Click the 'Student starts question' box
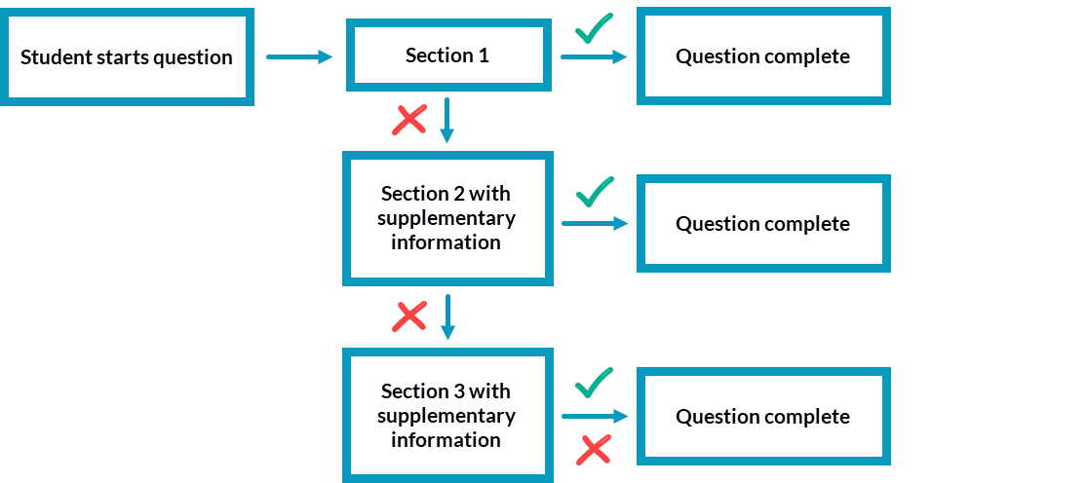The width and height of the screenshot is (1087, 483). click(x=127, y=56)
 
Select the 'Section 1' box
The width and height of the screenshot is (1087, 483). click(x=447, y=56)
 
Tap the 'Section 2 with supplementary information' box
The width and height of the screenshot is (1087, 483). click(x=447, y=218)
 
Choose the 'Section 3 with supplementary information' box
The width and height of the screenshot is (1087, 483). click(x=447, y=416)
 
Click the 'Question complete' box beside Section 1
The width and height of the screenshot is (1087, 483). click(x=763, y=56)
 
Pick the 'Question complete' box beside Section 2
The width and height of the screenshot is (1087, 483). click(x=763, y=224)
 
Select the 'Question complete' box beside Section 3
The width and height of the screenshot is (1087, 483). click(x=763, y=417)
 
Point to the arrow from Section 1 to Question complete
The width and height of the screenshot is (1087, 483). click(x=594, y=57)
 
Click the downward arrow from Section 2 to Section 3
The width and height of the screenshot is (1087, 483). click(x=447, y=316)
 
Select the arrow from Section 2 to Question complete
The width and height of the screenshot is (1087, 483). click(x=594, y=224)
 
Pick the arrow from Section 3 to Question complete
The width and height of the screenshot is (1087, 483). click(x=594, y=417)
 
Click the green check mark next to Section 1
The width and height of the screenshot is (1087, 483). click(x=594, y=29)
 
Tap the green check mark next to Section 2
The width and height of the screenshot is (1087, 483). click(x=594, y=192)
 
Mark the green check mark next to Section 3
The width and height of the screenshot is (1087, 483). click(x=594, y=383)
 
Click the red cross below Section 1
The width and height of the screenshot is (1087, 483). click(x=409, y=120)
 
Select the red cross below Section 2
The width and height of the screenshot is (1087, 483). click(x=409, y=316)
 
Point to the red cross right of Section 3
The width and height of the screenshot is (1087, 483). click(x=594, y=449)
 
